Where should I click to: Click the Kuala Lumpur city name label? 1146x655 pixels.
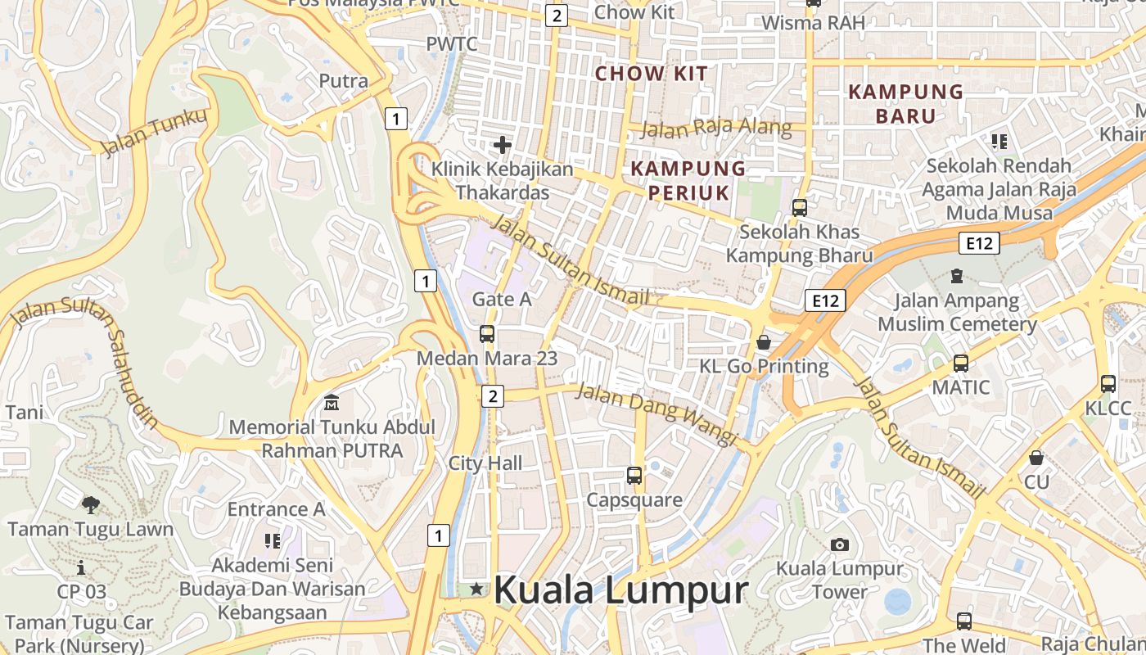point(621,589)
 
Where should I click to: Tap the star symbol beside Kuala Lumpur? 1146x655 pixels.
point(476,589)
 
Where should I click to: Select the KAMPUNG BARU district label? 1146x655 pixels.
point(905,103)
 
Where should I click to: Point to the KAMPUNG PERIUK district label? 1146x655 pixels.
point(688,180)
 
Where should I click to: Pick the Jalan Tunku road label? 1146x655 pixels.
point(154,132)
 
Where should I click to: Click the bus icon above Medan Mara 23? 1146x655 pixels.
point(487,334)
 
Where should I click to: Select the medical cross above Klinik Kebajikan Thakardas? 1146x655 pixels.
point(503,146)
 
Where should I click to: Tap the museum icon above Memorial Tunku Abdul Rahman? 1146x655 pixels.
point(332,403)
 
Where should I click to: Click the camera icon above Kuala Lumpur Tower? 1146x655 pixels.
point(839,544)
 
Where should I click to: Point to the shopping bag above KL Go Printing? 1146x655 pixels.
point(764,341)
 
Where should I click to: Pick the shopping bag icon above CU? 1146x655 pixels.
point(1036,458)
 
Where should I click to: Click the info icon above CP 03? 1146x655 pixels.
point(81,567)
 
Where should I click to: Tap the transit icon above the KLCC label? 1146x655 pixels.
point(1108,383)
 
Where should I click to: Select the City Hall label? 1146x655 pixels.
point(485,463)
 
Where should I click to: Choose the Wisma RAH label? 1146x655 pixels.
point(813,22)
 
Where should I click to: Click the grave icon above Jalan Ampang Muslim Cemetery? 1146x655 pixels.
point(957,276)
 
